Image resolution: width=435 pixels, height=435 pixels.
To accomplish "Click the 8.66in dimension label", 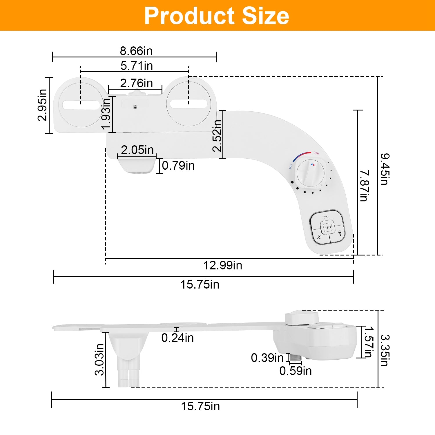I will coord(136,51).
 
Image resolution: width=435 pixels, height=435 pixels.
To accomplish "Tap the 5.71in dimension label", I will coord(137,66).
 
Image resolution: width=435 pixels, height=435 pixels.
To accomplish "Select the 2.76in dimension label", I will coord(136,83).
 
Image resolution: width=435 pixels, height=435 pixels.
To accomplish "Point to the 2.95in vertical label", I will coord(42,105).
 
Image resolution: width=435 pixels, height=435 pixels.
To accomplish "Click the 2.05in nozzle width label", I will coord(137,150).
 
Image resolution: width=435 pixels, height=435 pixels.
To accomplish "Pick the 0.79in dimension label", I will coord(178,166).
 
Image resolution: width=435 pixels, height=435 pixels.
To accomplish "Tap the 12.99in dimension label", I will coord(222,265).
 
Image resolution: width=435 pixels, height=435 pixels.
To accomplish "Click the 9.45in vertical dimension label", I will coord(385,169).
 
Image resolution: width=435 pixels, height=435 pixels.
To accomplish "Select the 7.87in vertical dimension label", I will coord(364,186).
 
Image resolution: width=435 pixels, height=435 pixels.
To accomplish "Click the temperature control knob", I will coord(310,173).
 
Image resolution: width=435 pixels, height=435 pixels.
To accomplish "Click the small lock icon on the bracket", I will coord(135,107).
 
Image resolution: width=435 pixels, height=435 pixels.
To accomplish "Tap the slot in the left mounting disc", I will coord(81,105).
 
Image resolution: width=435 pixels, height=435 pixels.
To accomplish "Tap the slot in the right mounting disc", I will coord(188,104).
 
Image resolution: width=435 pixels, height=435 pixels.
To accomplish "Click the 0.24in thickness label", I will coord(177,338).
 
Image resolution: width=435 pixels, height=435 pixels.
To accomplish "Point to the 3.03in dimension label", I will coord(99,360).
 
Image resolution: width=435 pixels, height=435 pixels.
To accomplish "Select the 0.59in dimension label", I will coord(296,371).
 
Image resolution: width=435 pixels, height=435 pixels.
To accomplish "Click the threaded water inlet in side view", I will coord(296,358).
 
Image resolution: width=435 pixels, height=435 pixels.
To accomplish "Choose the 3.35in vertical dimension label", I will coord(385,350).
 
